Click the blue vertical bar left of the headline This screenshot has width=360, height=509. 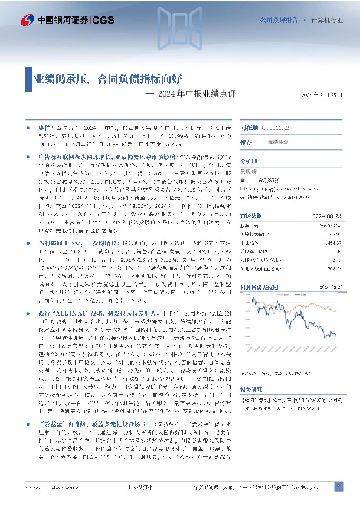(28, 78)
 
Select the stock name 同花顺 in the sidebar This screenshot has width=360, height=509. (248, 129)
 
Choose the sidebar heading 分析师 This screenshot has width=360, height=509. (249, 161)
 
